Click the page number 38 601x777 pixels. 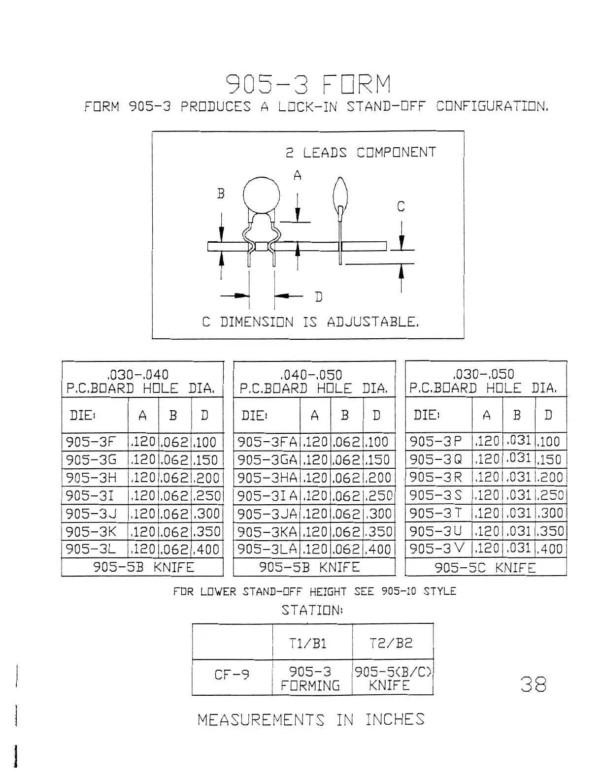click(x=533, y=684)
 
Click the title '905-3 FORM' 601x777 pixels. click(x=308, y=85)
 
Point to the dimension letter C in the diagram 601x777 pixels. click(x=401, y=207)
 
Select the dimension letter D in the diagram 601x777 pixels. click(x=319, y=297)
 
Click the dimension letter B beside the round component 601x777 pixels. click(x=221, y=194)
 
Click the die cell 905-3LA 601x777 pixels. click(x=266, y=549)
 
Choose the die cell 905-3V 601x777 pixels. click(x=437, y=548)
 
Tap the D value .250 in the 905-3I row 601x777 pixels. click(x=207, y=496)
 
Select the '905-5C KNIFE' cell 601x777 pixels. click(x=485, y=568)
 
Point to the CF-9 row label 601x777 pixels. click(x=232, y=674)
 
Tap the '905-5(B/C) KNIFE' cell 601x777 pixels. click(x=393, y=679)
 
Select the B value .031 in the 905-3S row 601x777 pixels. click(x=518, y=495)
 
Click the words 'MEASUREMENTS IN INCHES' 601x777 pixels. click(x=310, y=720)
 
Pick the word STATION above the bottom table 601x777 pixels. click(x=311, y=611)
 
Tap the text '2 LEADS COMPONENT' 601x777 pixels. click(x=361, y=152)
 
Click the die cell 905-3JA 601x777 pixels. click(x=266, y=514)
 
